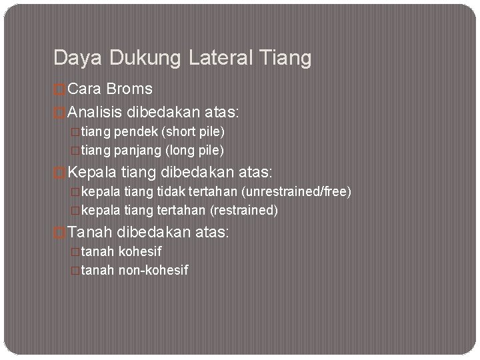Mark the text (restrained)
pyautogui.click(x=244, y=210)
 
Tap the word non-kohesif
pyautogui.click(x=153, y=270)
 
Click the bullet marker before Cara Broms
pyautogui.click(x=59, y=89)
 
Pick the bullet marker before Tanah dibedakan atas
pyautogui.click(x=59, y=232)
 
